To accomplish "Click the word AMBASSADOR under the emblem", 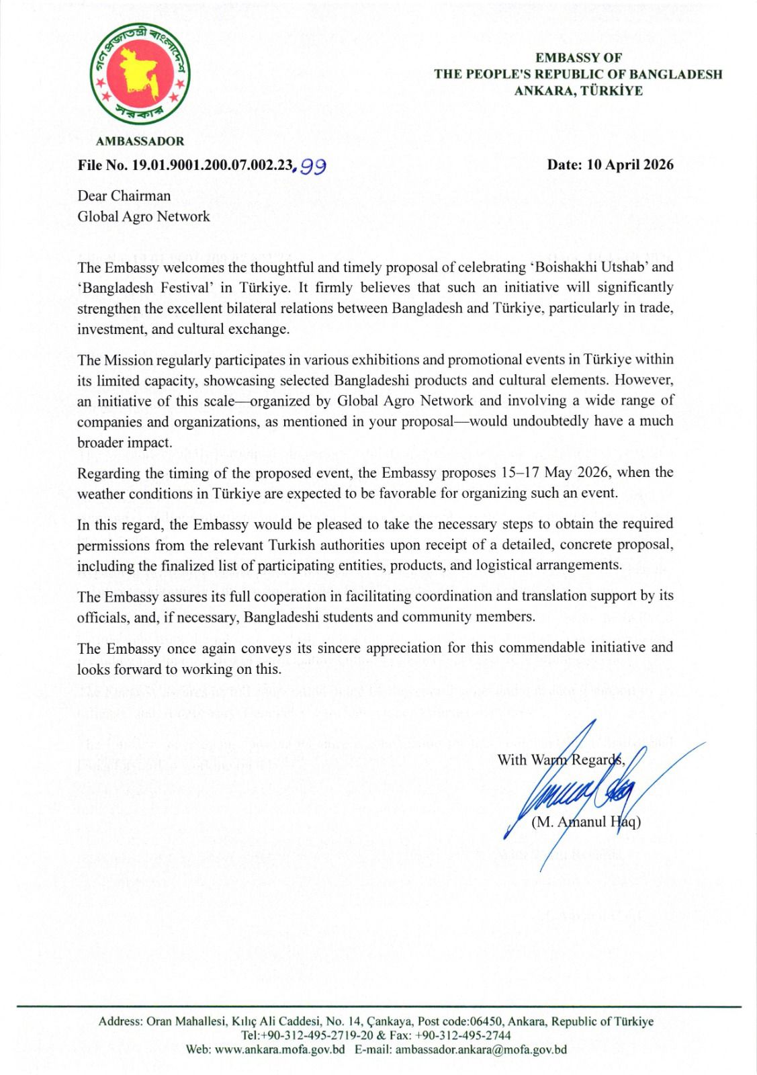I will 140,141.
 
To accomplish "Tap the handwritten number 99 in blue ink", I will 313,166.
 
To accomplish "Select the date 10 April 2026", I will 630,165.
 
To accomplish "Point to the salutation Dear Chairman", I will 124,196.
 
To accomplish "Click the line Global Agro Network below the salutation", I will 144,216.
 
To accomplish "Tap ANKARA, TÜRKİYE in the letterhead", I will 578,91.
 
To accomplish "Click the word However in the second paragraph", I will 643,380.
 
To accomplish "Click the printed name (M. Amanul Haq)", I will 586,822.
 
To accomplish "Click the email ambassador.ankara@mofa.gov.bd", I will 481,1049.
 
